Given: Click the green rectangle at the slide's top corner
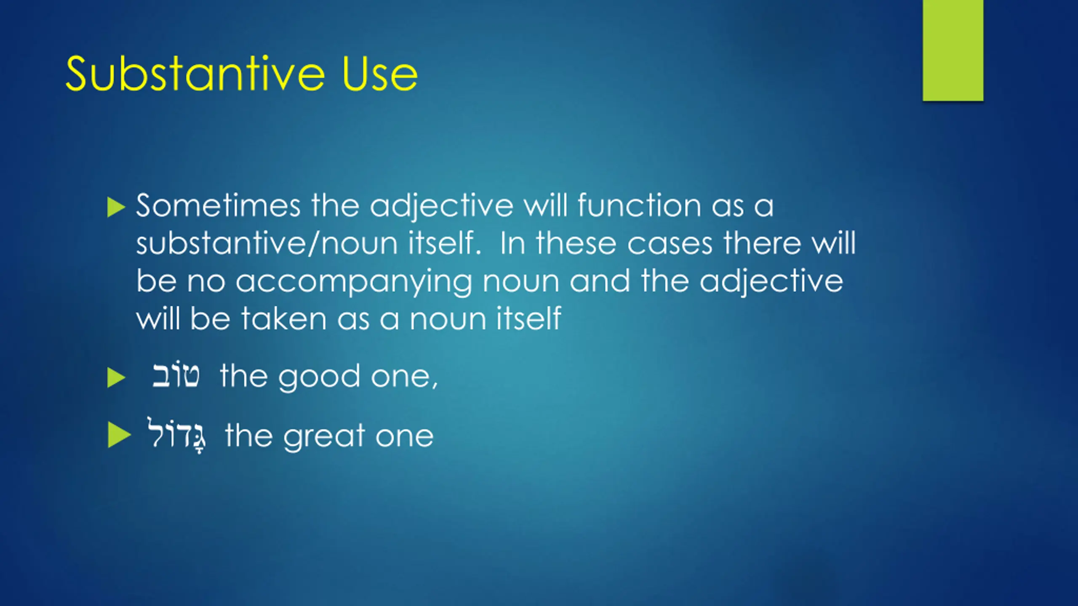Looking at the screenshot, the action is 953,50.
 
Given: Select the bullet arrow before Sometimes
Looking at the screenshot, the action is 116,207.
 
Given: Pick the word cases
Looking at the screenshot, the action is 670,244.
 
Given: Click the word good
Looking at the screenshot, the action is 319,377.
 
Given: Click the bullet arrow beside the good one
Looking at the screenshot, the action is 116,377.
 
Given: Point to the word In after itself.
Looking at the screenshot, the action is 513,243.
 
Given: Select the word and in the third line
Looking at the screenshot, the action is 600,281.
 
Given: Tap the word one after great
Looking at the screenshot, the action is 404,437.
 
